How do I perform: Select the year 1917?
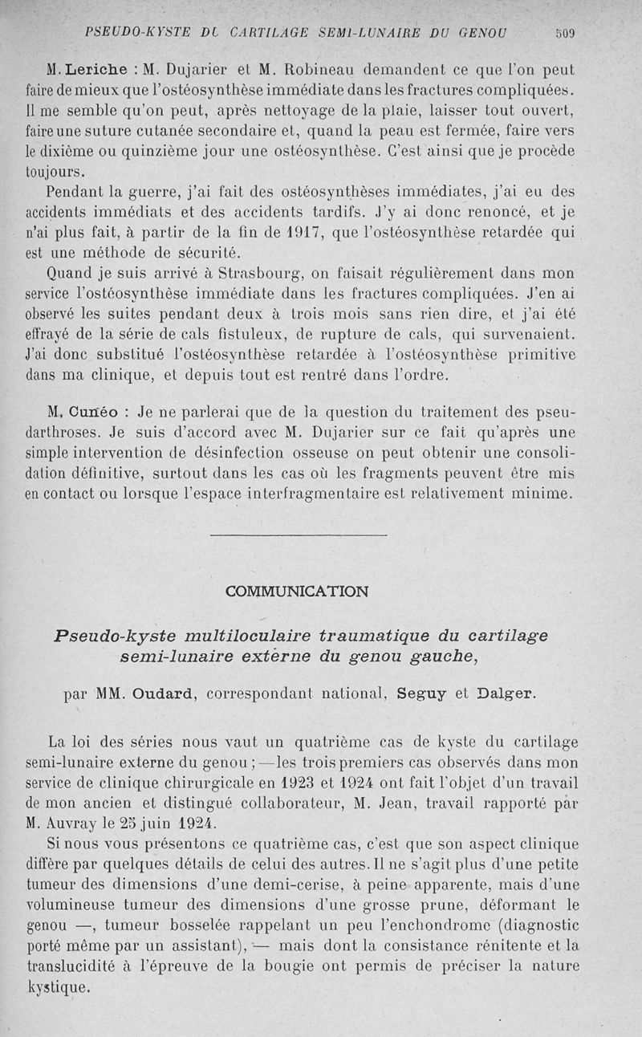(302, 233)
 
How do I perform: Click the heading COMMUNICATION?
(298, 592)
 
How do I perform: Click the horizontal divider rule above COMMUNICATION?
(298, 535)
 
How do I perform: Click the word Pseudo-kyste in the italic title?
(112, 636)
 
